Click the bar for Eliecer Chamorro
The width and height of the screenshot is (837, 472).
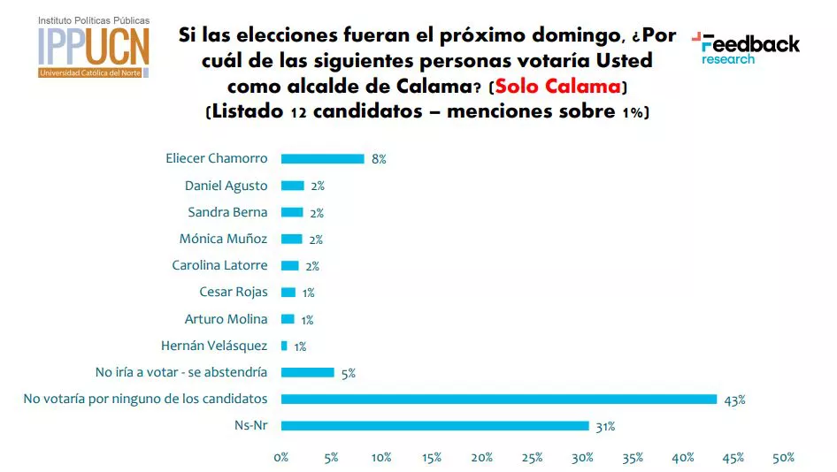coord(322,159)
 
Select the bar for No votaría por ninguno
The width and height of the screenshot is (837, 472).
coord(498,400)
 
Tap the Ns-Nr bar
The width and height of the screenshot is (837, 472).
coord(434,426)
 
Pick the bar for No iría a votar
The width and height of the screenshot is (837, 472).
coord(307,373)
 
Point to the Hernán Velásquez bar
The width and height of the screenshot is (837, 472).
coord(284,346)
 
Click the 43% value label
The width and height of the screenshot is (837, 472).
coord(734,400)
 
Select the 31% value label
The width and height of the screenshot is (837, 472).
coord(605,427)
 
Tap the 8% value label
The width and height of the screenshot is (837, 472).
coord(379,160)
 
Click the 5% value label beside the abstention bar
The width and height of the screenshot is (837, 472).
coord(348,374)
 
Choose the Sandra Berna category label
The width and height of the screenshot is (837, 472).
coord(227,212)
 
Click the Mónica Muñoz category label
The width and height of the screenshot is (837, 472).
coord(223,239)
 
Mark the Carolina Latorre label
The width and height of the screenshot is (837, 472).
coord(219,265)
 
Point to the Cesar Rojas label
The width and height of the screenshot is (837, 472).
coord(234,292)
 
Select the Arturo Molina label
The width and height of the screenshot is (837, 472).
coord(226,319)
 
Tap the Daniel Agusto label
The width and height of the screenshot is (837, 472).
coord(226,186)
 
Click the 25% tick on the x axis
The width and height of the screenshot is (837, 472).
coord(533,458)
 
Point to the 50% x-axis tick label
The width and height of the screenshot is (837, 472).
coord(783,458)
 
